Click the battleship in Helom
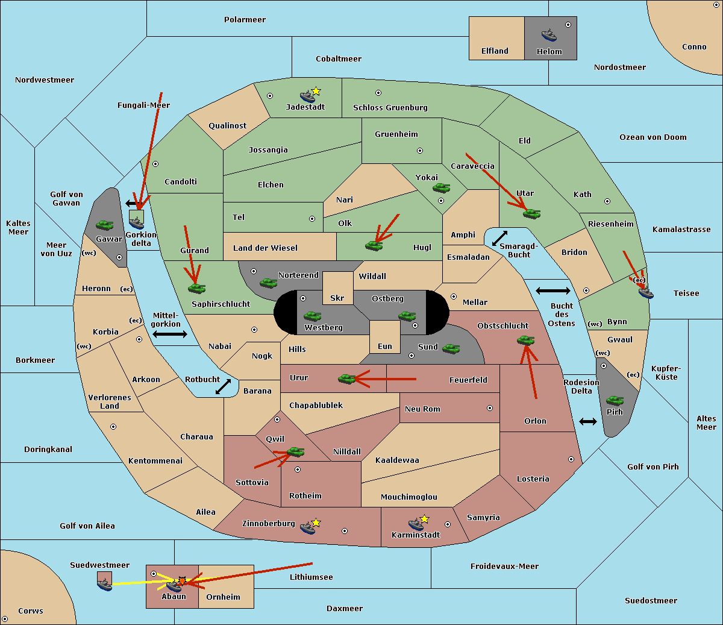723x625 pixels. click(x=549, y=35)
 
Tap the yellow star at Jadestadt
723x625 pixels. click(x=316, y=92)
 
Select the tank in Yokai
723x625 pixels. click(x=441, y=188)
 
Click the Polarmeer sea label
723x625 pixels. click(x=245, y=20)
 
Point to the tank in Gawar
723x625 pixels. click(x=104, y=225)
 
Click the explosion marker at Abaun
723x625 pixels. click(x=182, y=581)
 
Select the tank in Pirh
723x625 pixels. click(x=615, y=400)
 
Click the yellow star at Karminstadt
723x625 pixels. click(x=424, y=519)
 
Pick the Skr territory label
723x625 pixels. click(x=337, y=298)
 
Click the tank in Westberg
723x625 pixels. click(x=312, y=316)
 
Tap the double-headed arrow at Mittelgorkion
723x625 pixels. click(x=170, y=334)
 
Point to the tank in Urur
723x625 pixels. click(x=346, y=379)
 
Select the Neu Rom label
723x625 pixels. click(x=422, y=409)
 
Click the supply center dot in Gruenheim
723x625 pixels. click(x=420, y=151)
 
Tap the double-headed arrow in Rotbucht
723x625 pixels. click(x=223, y=386)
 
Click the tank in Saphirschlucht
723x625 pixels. click(x=196, y=288)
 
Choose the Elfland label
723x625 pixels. click(x=495, y=51)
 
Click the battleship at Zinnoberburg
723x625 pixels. click(x=307, y=527)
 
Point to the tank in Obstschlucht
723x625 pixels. click(x=525, y=340)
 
